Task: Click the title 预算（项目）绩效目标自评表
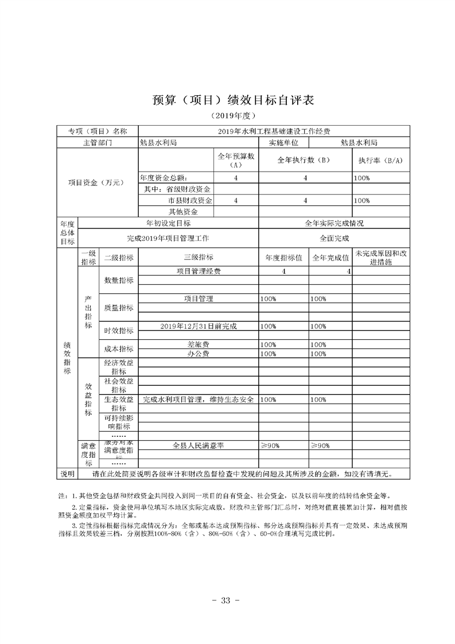point(228,99)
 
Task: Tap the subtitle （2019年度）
point(228,116)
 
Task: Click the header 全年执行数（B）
point(305,160)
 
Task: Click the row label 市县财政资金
point(190,201)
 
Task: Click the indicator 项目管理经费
point(199,271)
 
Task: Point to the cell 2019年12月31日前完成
point(199,326)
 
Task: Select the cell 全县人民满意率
point(198,445)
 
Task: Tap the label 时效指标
point(118,331)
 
